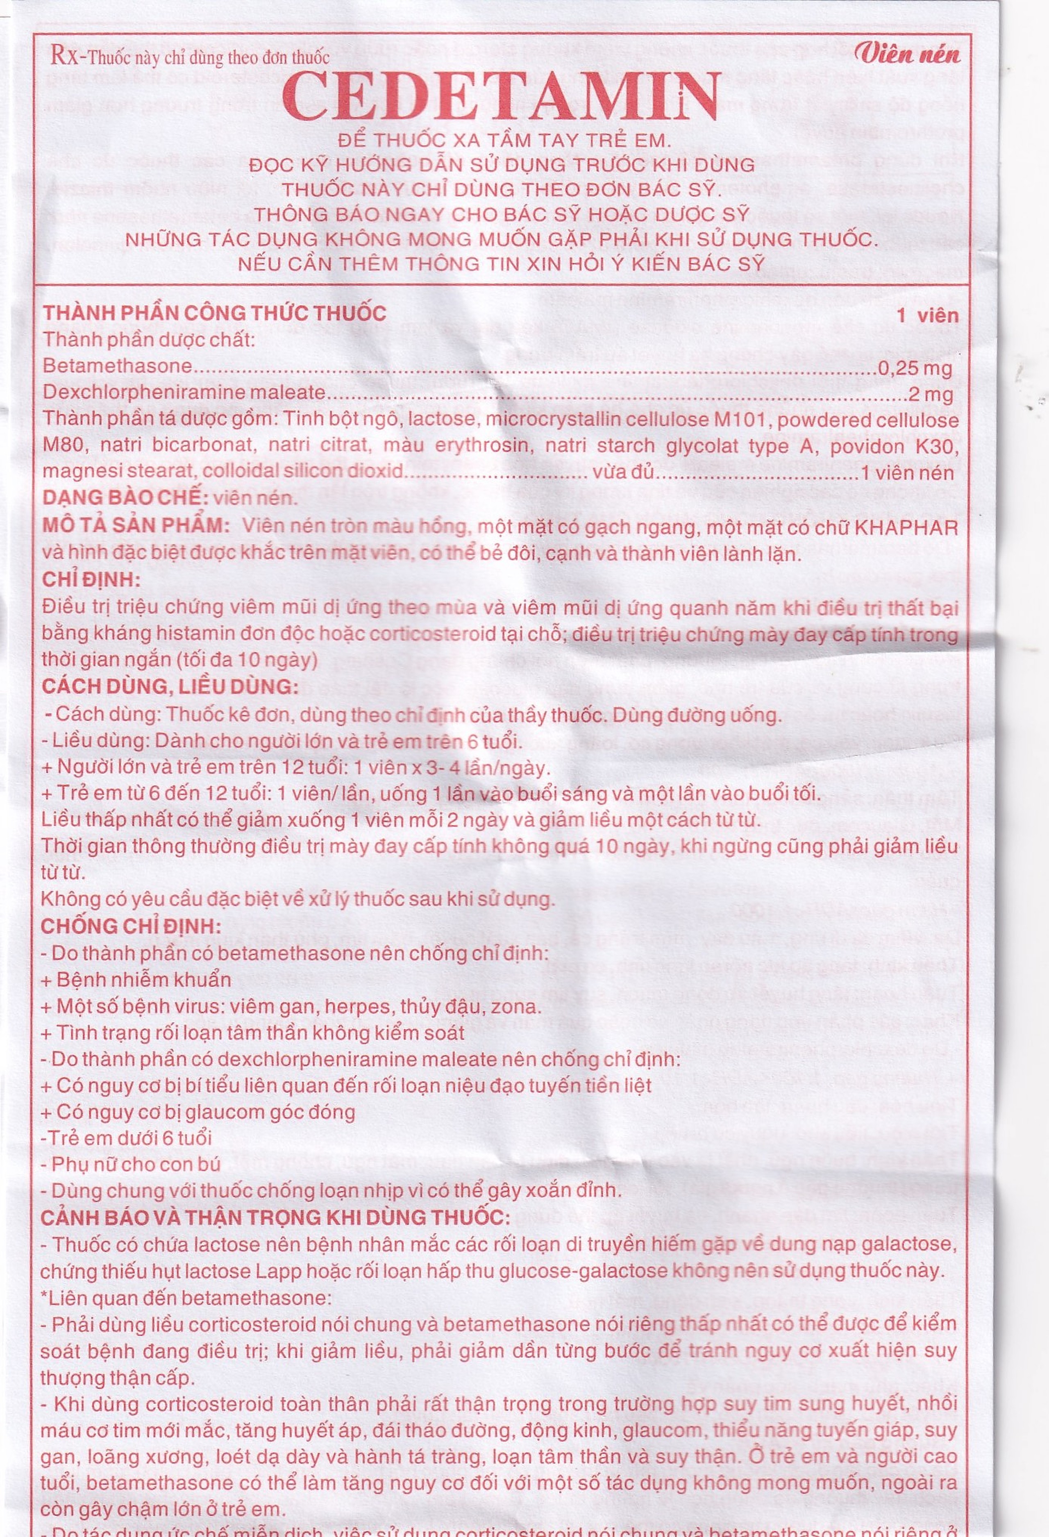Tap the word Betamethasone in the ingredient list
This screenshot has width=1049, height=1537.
pyautogui.click(x=117, y=366)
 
